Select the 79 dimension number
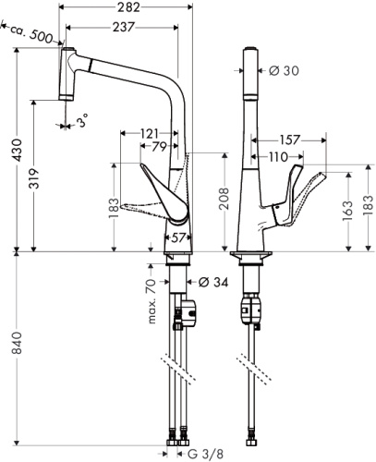click(160, 147)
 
